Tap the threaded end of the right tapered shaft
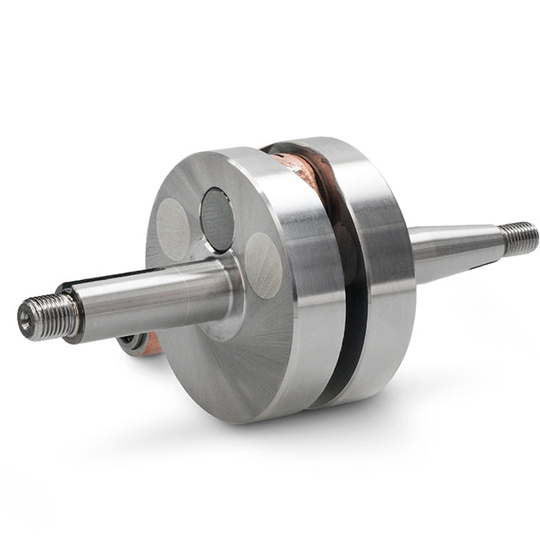click(x=519, y=237)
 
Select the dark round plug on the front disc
click(x=217, y=219)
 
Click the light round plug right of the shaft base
click(x=263, y=265)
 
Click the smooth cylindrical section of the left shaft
click(x=152, y=295)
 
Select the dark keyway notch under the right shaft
click(x=472, y=267)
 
